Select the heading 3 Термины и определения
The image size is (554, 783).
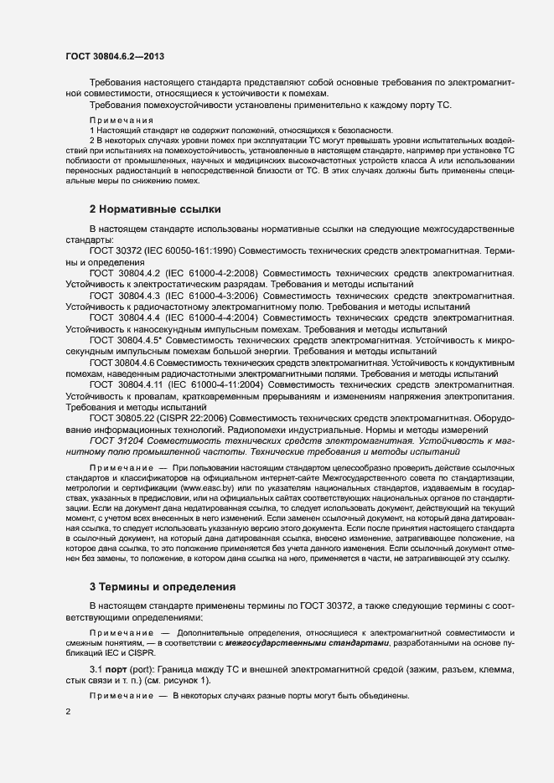[163, 585]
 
